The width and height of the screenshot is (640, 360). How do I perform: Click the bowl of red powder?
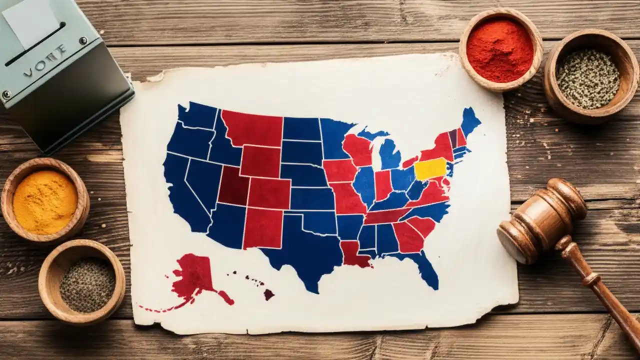pyautogui.click(x=500, y=50)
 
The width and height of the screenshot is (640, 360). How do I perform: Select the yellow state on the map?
pyautogui.click(x=430, y=169)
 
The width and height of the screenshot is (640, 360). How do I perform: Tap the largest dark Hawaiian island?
pyautogui.click(x=269, y=294)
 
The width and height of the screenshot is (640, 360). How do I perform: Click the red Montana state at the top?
pyautogui.click(x=252, y=128)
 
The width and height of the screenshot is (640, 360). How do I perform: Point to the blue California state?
pyautogui.click(x=182, y=190)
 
